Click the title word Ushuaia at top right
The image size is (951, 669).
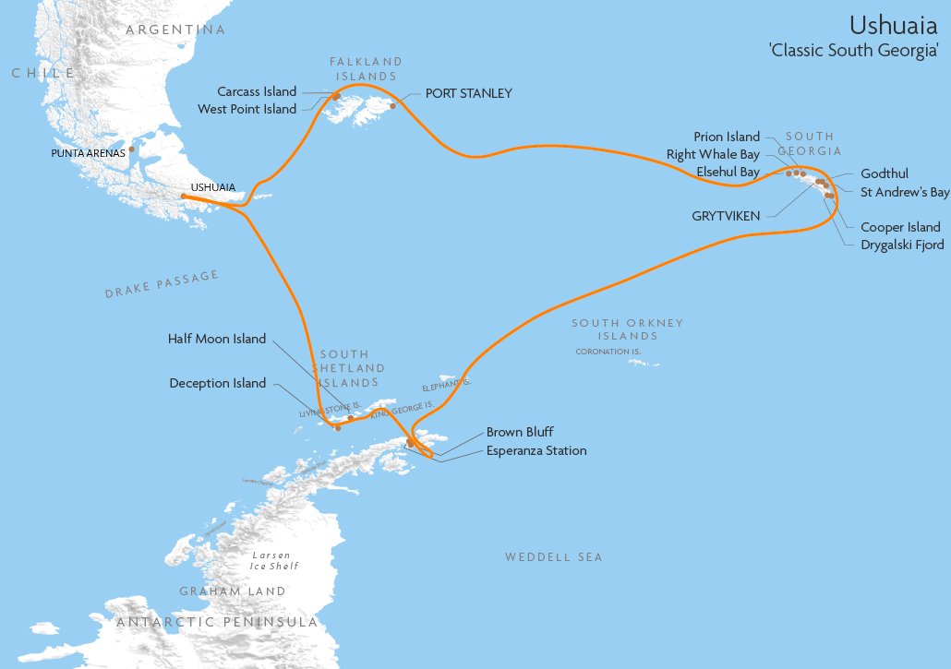893,25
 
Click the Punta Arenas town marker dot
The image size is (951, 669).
132,149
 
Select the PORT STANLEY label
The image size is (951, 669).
468,93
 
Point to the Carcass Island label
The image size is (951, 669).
257,91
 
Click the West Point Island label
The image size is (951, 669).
247,109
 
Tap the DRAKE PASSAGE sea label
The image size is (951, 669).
162,284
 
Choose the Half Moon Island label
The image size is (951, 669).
216,339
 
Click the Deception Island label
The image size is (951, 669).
217,383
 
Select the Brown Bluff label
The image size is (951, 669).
520,432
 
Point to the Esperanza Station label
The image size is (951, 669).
536,450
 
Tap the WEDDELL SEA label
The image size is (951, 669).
553,556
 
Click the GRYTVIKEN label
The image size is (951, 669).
726,216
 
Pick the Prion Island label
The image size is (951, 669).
727,137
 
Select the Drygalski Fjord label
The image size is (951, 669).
902,245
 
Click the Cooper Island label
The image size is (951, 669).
900,227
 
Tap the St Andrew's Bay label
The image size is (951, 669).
905,192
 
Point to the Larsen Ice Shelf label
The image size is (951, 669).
274,560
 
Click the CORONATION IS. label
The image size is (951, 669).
608,352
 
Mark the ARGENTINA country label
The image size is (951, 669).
175,30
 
